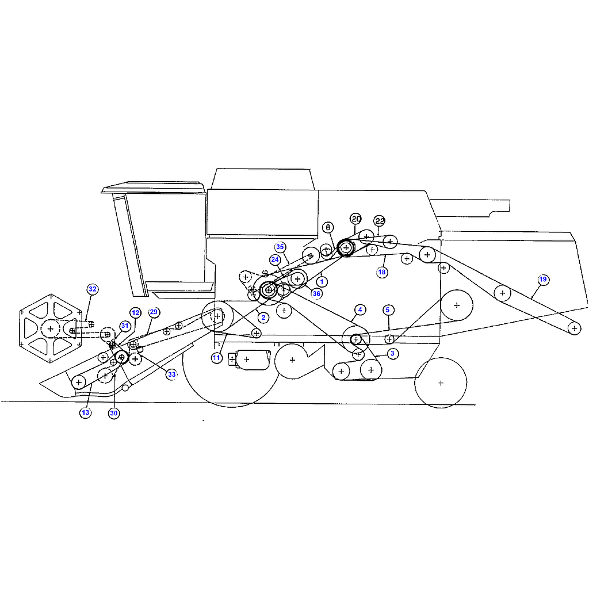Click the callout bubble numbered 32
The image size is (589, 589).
93,289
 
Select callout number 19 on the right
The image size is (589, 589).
543,280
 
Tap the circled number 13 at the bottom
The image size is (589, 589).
86,413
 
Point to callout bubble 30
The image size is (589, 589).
114,413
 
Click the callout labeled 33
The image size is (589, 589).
171,374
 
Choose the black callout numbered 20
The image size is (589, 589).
355,219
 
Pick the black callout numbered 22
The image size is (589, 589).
380,221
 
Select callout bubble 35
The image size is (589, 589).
280,247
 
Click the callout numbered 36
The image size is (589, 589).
317,294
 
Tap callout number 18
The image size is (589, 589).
382,272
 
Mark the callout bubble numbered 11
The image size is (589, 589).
216,358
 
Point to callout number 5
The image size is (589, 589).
388,310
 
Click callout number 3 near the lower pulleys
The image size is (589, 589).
392,354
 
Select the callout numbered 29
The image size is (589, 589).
154,312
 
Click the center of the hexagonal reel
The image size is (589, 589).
51,329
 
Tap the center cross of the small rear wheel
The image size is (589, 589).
441,383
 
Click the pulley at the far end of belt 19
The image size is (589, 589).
575,328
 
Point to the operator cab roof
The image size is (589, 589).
153,187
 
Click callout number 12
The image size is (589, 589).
136,312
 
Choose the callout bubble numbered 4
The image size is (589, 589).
360,310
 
